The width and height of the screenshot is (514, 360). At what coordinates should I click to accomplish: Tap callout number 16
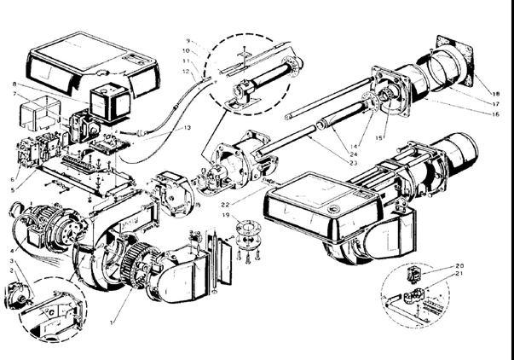498,113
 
